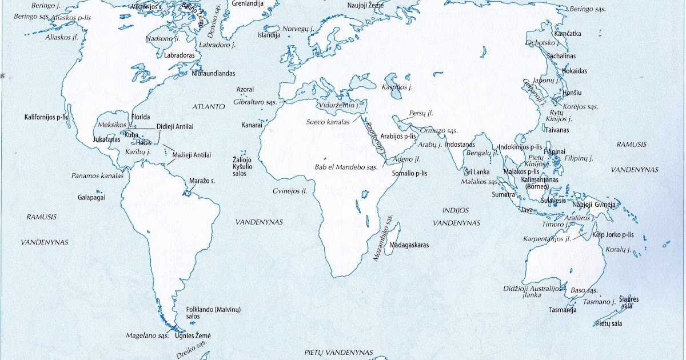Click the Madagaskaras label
[x=409, y=245]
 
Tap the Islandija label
[x=269, y=35]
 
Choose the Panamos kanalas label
[x=97, y=176]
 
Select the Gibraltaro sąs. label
[x=255, y=102]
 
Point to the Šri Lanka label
[x=476, y=171]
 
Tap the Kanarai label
[x=252, y=125]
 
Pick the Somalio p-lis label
[x=409, y=173]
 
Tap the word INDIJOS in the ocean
[x=455, y=210]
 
